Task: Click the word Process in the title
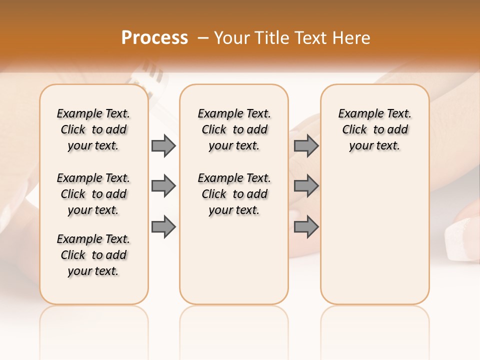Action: click(x=154, y=38)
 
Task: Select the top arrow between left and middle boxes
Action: click(x=163, y=145)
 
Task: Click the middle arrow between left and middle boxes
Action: click(x=163, y=186)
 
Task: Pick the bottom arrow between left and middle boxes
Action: click(x=163, y=227)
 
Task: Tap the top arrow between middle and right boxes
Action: click(x=306, y=145)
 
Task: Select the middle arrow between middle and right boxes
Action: click(x=306, y=186)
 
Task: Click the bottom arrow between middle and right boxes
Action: click(x=306, y=227)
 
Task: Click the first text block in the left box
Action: click(x=93, y=129)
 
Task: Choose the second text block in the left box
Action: click(x=93, y=194)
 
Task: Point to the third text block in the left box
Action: click(x=93, y=255)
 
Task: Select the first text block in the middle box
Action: click(x=234, y=129)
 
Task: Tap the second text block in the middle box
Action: click(x=234, y=194)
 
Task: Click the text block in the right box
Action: click(x=375, y=129)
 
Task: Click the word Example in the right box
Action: click(x=357, y=114)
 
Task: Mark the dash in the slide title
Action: click(x=203, y=38)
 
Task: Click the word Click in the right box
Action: click(x=354, y=130)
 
